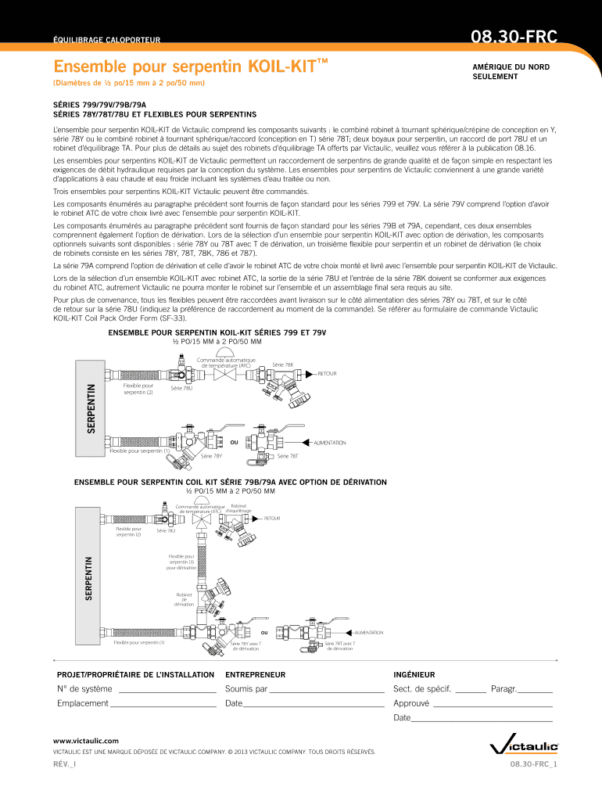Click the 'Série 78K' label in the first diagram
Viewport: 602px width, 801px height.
(x=282, y=365)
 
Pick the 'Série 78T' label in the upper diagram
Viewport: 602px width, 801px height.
(x=288, y=456)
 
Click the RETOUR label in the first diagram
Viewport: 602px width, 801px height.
(x=327, y=374)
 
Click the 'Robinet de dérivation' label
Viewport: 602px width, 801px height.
(x=184, y=599)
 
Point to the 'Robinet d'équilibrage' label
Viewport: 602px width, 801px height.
(x=239, y=508)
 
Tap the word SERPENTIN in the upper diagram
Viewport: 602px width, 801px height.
(x=91, y=408)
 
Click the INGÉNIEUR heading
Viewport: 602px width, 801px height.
(x=414, y=674)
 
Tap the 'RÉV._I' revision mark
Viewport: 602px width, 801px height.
(x=66, y=764)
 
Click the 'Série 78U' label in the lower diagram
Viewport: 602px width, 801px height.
(x=166, y=531)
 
